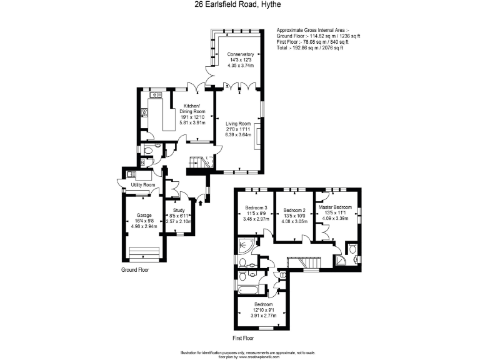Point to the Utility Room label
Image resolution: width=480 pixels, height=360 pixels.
[x=143, y=185]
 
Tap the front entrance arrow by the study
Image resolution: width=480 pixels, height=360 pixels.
[x=199, y=201]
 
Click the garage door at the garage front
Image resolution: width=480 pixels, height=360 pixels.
[x=143, y=252]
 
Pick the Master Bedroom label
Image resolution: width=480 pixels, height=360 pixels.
[x=335, y=207]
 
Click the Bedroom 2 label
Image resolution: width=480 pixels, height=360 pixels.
[x=294, y=210]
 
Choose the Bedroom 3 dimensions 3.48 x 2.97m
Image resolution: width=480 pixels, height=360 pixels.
[x=256, y=221]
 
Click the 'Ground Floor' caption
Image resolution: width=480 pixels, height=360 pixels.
[x=135, y=270]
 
